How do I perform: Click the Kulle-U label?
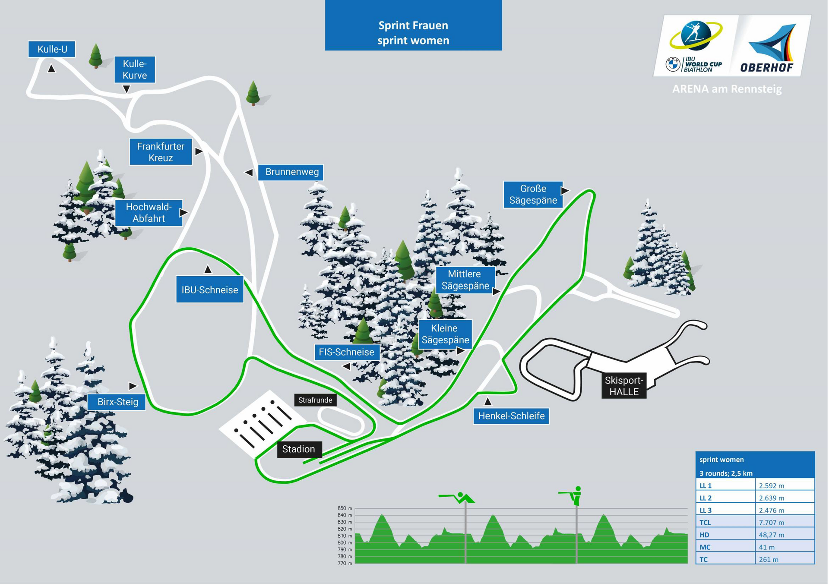(x=52, y=49)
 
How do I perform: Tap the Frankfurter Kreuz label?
(x=161, y=152)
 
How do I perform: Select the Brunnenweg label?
(x=292, y=172)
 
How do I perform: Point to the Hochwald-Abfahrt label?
(x=149, y=213)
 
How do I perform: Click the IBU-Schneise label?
(x=210, y=290)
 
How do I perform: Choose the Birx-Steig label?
(x=117, y=402)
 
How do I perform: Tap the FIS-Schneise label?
(x=346, y=352)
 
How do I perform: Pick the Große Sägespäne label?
(x=533, y=195)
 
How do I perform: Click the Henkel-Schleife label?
(x=511, y=416)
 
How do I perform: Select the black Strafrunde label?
(x=315, y=400)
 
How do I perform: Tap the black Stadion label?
(x=299, y=449)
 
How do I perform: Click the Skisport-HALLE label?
(x=624, y=386)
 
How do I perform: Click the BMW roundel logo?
(x=673, y=64)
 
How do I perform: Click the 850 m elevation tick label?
(x=345, y=508)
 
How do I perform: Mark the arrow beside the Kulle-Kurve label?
(x=127, y=89)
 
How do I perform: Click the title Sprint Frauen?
(x=413, y=25)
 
